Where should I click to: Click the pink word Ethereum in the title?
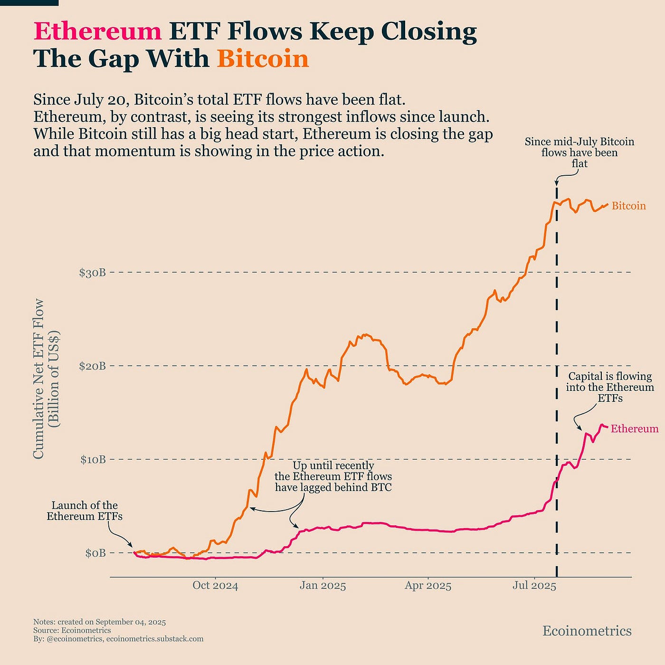(x=97, y=32)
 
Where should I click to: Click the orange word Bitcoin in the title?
(x=263, y=59)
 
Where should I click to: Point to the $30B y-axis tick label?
(x=92, y=273)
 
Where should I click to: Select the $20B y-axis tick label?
(x=92, y=366)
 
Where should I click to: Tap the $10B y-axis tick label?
(x=92, y=459)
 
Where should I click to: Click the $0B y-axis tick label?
(x=95, y=553)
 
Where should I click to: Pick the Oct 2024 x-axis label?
(x=215, y=585)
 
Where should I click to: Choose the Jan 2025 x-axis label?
(x=323, y=585)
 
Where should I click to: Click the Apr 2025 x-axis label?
(x=427, y=585)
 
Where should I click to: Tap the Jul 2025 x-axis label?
(x=534, y=585)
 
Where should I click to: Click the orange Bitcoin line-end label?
(x=628, y=206)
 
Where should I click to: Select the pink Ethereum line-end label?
(x=634, y=428)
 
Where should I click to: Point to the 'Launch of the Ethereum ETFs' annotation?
(x=85, y=511)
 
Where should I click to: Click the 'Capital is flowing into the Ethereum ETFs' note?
(x=610, y=387)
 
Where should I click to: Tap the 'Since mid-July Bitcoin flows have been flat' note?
(x=579, y=152)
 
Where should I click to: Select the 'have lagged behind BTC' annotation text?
(x=333, y=487)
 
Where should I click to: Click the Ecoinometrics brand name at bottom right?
(x=587, y=631)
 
